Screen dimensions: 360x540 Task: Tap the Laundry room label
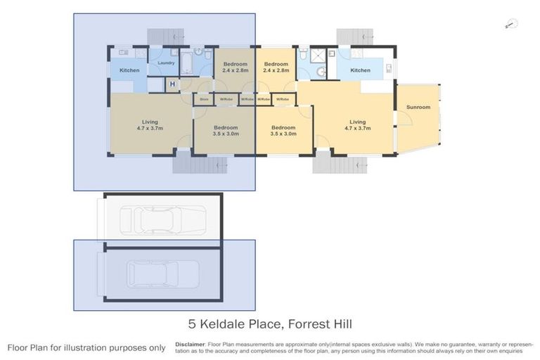(166, 63)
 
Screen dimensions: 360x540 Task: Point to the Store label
(204, 100)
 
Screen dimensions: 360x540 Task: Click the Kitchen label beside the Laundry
(129, 70)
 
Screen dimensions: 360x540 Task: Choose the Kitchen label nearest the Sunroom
(360, 70)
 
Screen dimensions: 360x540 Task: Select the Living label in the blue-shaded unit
(150, 126)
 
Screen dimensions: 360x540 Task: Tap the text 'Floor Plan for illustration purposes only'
(86, 347)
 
